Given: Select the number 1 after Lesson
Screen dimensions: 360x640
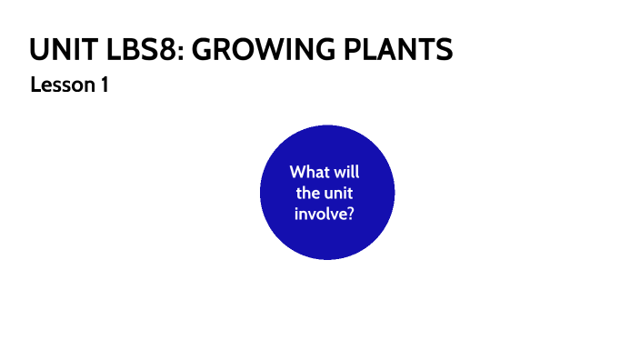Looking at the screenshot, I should coord(105,85).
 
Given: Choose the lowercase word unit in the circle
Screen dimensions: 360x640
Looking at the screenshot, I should coord(342,193).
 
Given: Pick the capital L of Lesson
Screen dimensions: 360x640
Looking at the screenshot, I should coord(35,85).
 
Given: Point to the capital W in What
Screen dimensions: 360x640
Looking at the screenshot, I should coord(298,171).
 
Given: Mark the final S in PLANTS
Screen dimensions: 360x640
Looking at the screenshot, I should coord(444,49).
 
